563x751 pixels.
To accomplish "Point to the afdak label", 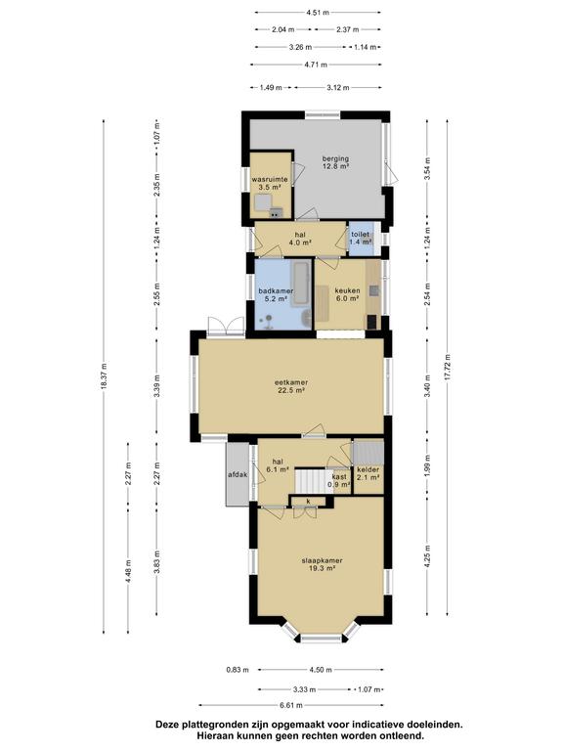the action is click(x=238, y=474).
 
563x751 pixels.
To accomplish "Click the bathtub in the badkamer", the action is click(x=301, y=283).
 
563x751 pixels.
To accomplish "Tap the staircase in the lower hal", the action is click(x=313, y=481).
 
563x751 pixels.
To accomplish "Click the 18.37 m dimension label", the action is click(x=104, y=376).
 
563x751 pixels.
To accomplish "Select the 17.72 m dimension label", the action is click(x=447, y=368).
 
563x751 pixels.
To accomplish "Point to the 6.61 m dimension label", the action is click(x=290, y=705).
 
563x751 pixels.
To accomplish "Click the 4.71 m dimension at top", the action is click(x=316, y=65).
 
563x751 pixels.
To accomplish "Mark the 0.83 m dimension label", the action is click(x=238, y=670).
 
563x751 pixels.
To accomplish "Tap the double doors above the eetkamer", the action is click(x=227, y=327).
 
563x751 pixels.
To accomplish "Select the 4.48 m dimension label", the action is click(x=128, y=571).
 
